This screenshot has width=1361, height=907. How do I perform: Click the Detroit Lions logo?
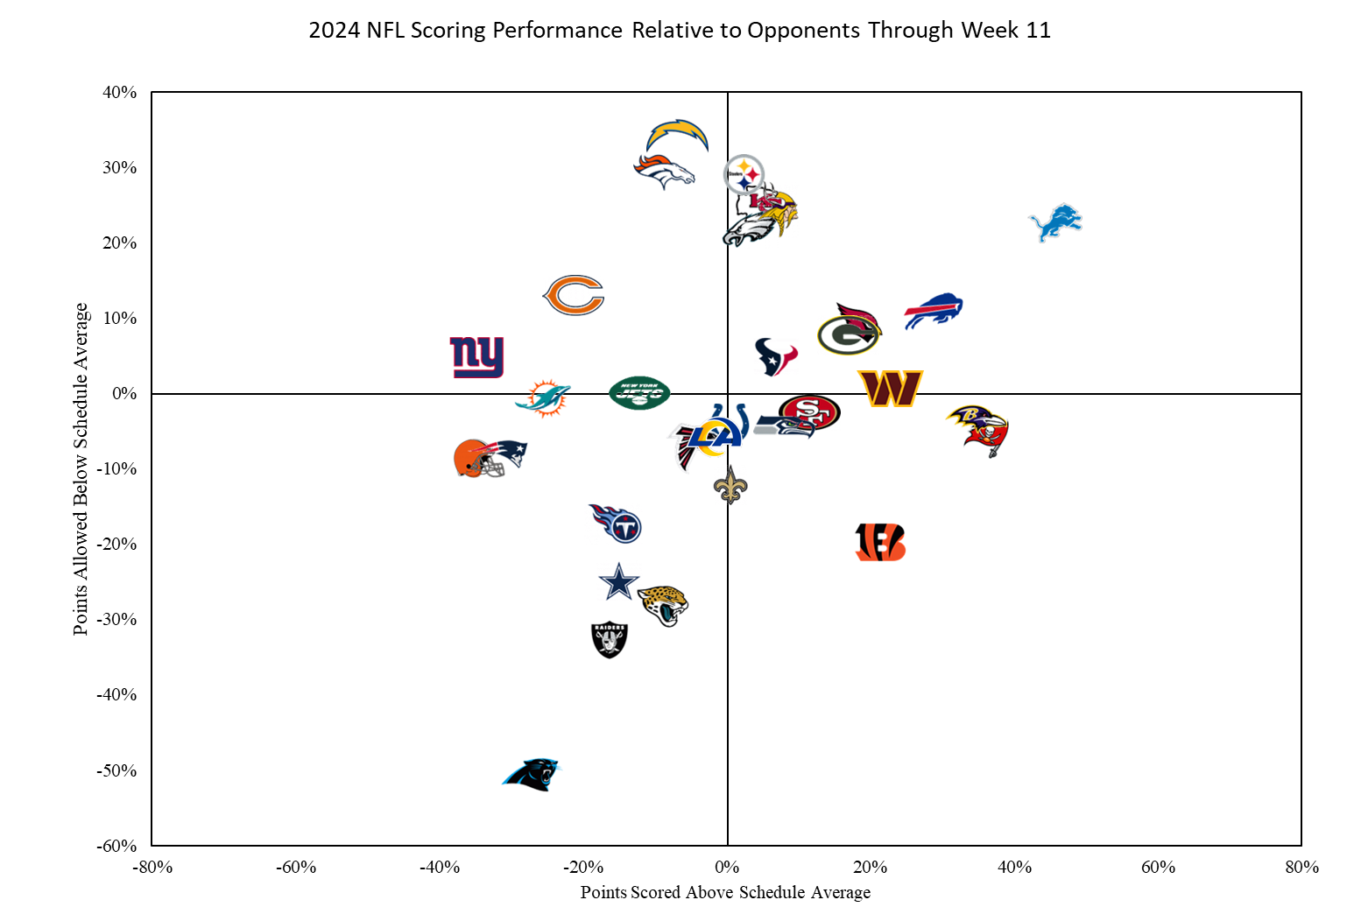pyautogui.click(x=1055, y=222)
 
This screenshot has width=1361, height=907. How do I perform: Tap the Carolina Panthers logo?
pyautogui.click(x=532, y=774)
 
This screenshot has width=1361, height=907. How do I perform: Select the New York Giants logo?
pyautogui.click(x=477, y=356)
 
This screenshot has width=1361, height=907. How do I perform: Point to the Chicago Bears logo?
pyautogui.click(x=575, y=295)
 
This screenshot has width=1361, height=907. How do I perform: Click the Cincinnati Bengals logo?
pyautogui.click(x=880, y=543)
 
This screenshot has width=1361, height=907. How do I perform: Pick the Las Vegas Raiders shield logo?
pyautogui.click(x=610, y=639)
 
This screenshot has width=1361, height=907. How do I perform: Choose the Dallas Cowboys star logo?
pyautogui.click(x=619, y=582)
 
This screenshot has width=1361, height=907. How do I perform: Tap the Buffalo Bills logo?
pyautogui.click(x=934, y=311)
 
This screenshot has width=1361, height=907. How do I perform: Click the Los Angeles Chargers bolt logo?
pyautogui.click(x=677, y=136)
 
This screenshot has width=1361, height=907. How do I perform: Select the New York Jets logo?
pyautogui.click(x=640, y=393)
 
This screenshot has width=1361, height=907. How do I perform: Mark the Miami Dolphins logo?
pyautogui.click(x=543, y=398)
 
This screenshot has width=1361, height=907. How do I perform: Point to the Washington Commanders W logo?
pyautogui.click(x=891, y=388)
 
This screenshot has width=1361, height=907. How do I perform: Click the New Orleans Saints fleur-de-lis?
pyautogui.click(x=730, y=484)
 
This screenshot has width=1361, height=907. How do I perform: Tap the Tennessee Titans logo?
pyautogui.click(x=617, y=524)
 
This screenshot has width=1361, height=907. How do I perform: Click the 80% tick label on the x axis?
pyautogui.click(x=1301, y=867)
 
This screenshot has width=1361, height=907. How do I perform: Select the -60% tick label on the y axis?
pyautogui.click(x=116, y=846)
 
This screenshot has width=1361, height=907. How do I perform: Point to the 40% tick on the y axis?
pyautogui.click(x=120, y=92)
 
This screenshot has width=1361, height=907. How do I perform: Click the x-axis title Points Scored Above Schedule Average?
pyautogui.click(x=725, y=892)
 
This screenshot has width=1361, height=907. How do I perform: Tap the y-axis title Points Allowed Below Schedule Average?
pyautogui.click(x=81, y=468)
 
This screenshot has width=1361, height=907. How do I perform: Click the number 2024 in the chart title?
pyautogui.click(x=334, y=31)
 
